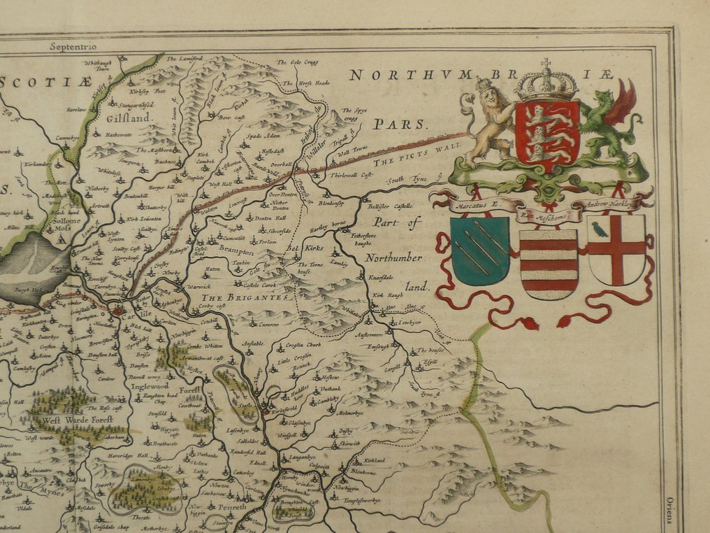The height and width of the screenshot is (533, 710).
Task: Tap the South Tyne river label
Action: coord(409,180)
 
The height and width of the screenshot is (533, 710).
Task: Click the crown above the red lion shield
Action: coord(546,83)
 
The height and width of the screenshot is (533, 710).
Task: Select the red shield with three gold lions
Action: coord(547,132)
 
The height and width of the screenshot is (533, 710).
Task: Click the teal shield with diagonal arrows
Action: coord(480,248)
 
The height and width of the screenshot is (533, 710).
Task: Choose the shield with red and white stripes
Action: coord(549,263)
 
